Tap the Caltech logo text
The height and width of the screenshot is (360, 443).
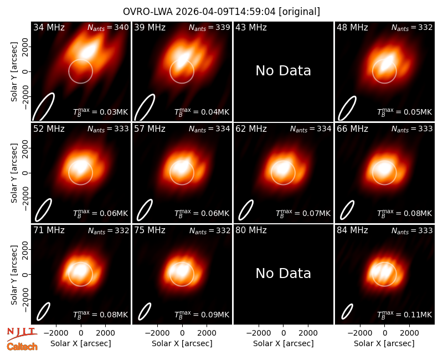click(x=22, y=347)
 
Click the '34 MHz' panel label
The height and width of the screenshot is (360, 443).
click(x=49, y=27)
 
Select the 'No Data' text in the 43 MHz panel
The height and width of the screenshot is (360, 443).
click(x=283, y=71)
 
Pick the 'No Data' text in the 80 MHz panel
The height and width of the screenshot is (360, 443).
click(x=283, y=274)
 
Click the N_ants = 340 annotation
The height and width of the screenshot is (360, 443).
click(x=108, y=27)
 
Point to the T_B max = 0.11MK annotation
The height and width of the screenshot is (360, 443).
click(x=405, y=315)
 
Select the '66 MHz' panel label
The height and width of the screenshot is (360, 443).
click(x=352, y=129)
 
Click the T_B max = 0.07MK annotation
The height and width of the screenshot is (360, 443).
click(x=303, y=213)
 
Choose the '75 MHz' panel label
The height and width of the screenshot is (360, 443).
click(x=150, y=230)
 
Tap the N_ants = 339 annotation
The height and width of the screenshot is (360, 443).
click(x=209, y=27)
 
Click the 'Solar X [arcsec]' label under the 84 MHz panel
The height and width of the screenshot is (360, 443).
click(x=384, y=343)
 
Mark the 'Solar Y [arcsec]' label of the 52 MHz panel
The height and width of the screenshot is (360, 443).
click(x=14, y=173)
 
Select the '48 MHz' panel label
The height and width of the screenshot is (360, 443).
click(x=352, y=27)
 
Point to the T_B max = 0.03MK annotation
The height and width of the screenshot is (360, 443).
click(x=101, y=112)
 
